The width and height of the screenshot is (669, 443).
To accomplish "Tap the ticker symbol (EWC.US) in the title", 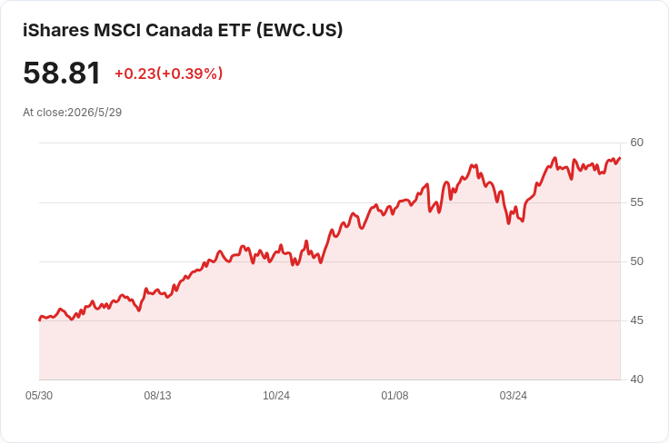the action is click(300, 30).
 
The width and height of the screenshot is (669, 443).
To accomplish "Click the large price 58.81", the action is click(62, 73).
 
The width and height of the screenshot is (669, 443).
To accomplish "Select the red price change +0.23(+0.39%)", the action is click(168, 74).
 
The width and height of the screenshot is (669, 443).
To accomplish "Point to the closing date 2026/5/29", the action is click(95, 113).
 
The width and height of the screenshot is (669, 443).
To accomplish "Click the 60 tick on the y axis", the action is click(636, 143).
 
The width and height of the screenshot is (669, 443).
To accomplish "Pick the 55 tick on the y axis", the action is click(636, 202).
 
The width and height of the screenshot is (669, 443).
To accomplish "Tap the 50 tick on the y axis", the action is click(636, 261).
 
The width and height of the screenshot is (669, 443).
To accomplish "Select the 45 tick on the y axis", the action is click(636, 320).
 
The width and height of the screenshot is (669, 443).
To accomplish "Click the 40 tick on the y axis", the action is click(636, 379).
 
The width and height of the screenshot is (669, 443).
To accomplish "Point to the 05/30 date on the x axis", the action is click(39, 396).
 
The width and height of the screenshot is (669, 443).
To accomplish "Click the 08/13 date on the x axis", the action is click(157, 396).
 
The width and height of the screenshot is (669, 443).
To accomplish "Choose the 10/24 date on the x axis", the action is click(276, 396).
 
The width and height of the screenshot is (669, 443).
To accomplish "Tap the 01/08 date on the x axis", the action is click(394, 396).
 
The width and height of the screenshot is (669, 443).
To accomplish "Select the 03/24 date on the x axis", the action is click(514, 396).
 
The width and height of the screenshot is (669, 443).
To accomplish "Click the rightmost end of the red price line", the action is click(620, 158).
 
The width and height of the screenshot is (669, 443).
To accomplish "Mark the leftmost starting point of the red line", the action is click(39, 320).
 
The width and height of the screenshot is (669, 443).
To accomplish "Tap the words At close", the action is click(44, 113).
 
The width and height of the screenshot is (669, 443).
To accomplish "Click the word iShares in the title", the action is click(55, 30).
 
